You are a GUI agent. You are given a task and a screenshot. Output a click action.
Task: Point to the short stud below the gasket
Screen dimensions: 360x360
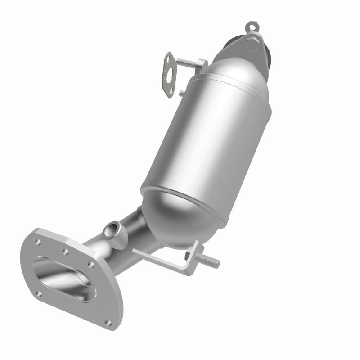pos(181,93)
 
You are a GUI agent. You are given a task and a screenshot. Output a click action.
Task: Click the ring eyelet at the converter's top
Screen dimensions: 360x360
pos(252,26)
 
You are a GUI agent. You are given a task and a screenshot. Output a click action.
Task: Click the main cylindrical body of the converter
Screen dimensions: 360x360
pos(205,139)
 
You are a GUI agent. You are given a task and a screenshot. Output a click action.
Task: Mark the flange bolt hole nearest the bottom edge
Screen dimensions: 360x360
pos(108,322)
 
